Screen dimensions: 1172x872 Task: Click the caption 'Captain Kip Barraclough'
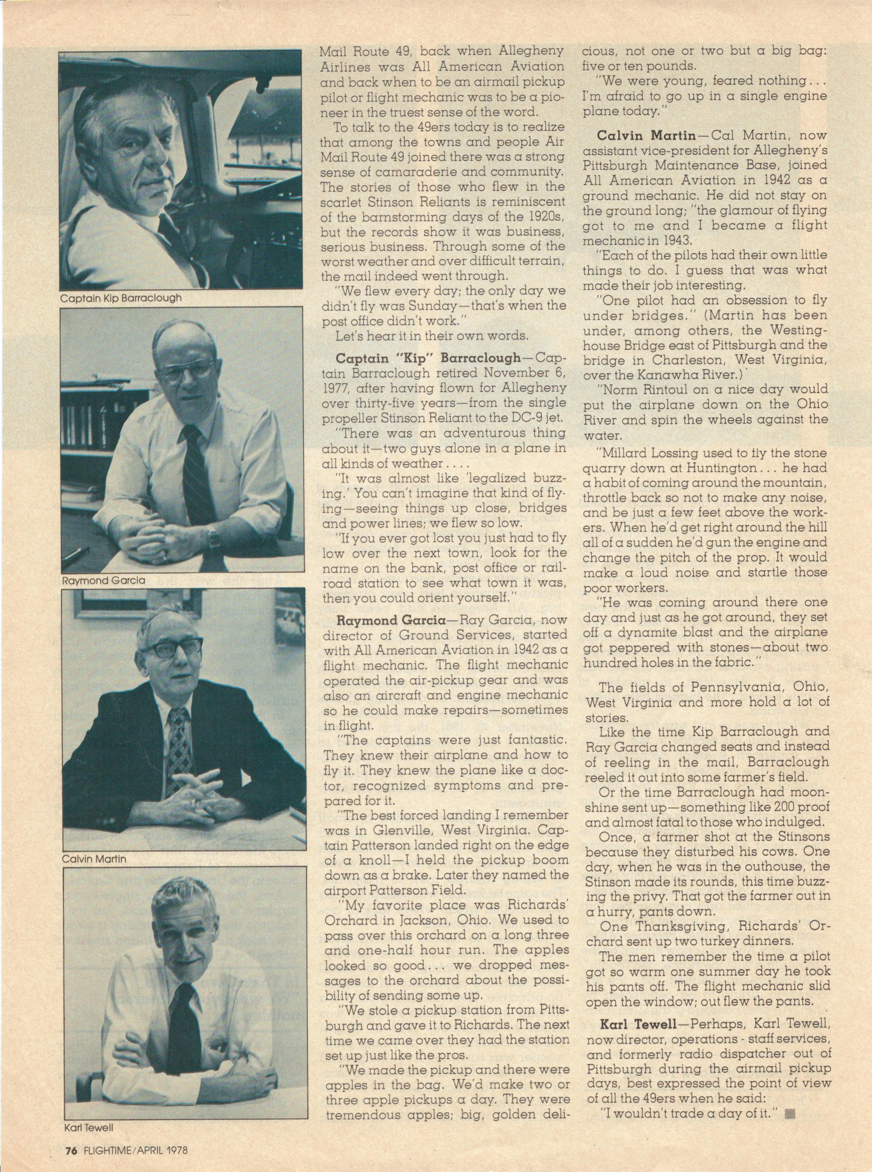click(121, 298)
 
